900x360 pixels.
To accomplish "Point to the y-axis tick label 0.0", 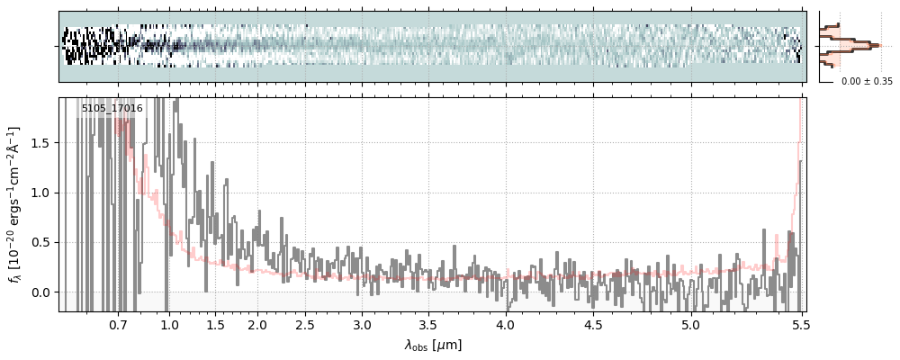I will point(41,292).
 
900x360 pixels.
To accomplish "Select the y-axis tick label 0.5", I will point(41,243).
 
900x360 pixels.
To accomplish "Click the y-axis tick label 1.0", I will point(41,193).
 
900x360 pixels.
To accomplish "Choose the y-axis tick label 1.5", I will point(41,143).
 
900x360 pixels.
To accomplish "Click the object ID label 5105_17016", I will point(112,109).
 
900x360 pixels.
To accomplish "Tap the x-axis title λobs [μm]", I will point(433,345).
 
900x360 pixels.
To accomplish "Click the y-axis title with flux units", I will point(15,204).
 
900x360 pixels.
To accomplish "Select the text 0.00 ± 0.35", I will point(867,81).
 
